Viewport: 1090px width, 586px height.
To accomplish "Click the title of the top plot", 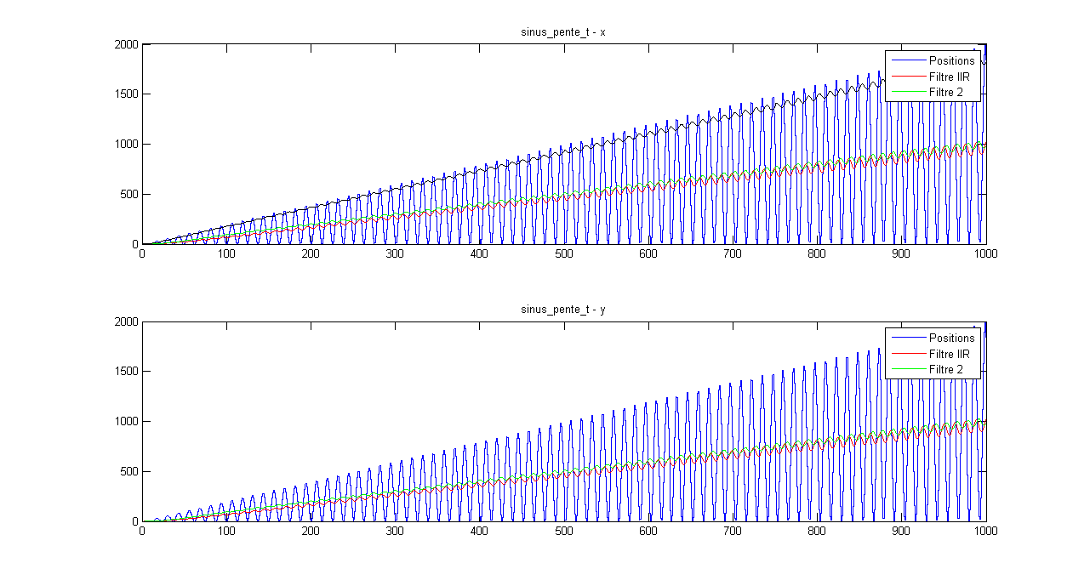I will (563, 32).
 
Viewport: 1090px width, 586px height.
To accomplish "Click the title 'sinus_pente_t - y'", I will (563, 310).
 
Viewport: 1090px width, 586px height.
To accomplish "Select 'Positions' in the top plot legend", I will (951, 61).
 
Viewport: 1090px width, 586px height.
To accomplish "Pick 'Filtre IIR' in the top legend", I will (949, 77).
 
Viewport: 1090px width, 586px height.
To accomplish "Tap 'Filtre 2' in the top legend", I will (945, 92).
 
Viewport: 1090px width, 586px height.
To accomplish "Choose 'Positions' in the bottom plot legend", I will (951, 339).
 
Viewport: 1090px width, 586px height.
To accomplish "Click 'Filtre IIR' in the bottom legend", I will (949, 354).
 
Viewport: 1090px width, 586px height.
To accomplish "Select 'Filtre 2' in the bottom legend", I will (945, 369).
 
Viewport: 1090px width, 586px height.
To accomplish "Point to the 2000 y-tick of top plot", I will (126, 44).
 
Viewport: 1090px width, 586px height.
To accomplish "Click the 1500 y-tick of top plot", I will (126, 94).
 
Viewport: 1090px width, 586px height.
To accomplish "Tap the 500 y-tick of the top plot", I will (128, 194).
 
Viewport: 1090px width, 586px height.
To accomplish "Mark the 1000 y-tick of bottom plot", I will (126, 421).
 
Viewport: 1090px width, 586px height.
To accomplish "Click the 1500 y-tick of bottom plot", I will (126, 372).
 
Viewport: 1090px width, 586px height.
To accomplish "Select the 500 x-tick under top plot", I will (563, 253).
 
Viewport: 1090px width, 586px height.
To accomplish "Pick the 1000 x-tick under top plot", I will (985, 253).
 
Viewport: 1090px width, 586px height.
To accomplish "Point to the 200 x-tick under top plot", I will (311, 253).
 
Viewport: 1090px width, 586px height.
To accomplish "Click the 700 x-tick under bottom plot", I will (732, 531).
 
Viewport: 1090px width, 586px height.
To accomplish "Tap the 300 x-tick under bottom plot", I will (395, 531).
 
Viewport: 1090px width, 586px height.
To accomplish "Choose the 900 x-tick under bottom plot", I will (900, 531).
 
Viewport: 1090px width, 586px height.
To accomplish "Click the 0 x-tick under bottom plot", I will (142, 531).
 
